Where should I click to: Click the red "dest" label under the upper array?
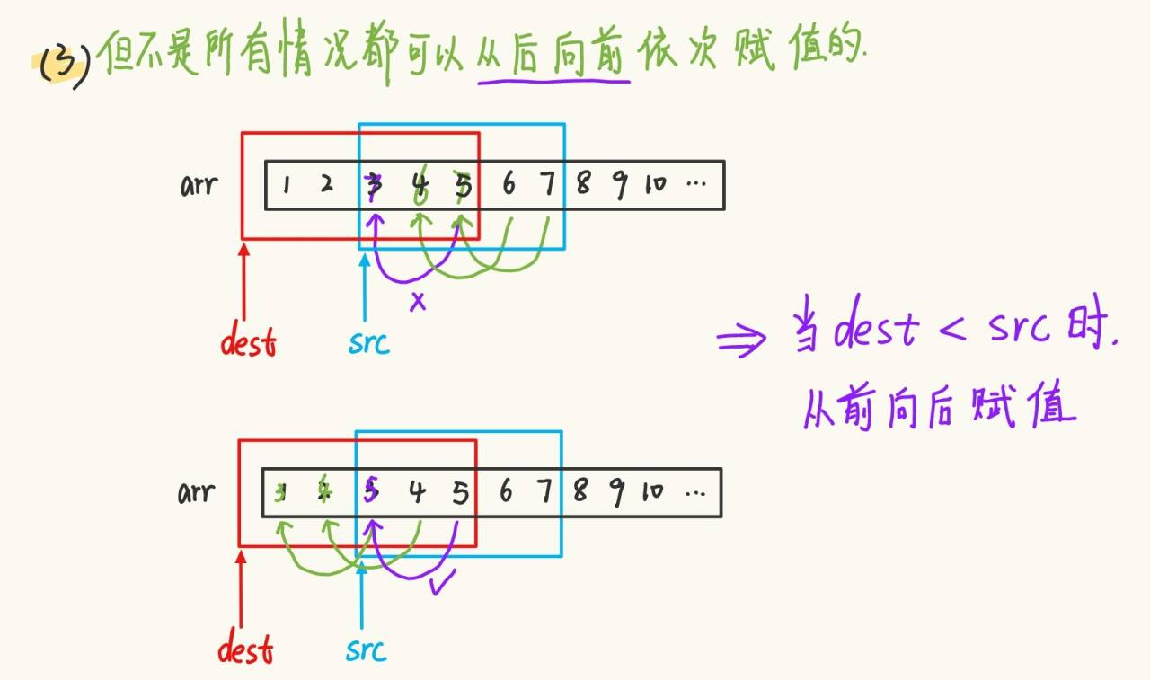click(x=249, y=342)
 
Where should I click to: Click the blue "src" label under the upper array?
click(x=369, y=342)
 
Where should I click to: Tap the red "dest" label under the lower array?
click(x=245, y=649)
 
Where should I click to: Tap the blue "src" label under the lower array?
click(x=366, y=649)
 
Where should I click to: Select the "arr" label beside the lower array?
click(x=196, y=493)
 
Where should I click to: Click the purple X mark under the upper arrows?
click(x=418, y=302)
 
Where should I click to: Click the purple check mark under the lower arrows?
click(x=441, y=584)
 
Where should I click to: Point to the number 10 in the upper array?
click(x=655, y=185)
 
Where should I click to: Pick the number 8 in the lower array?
click(x=580, y=492)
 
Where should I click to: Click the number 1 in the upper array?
click(x=286, y=186)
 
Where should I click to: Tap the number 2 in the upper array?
click(x=326, y=185)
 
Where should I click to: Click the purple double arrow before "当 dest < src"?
click(x=742, y=340)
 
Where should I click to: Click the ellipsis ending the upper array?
click(x=696, y=186)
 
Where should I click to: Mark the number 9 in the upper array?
click(x=619, y=185)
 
